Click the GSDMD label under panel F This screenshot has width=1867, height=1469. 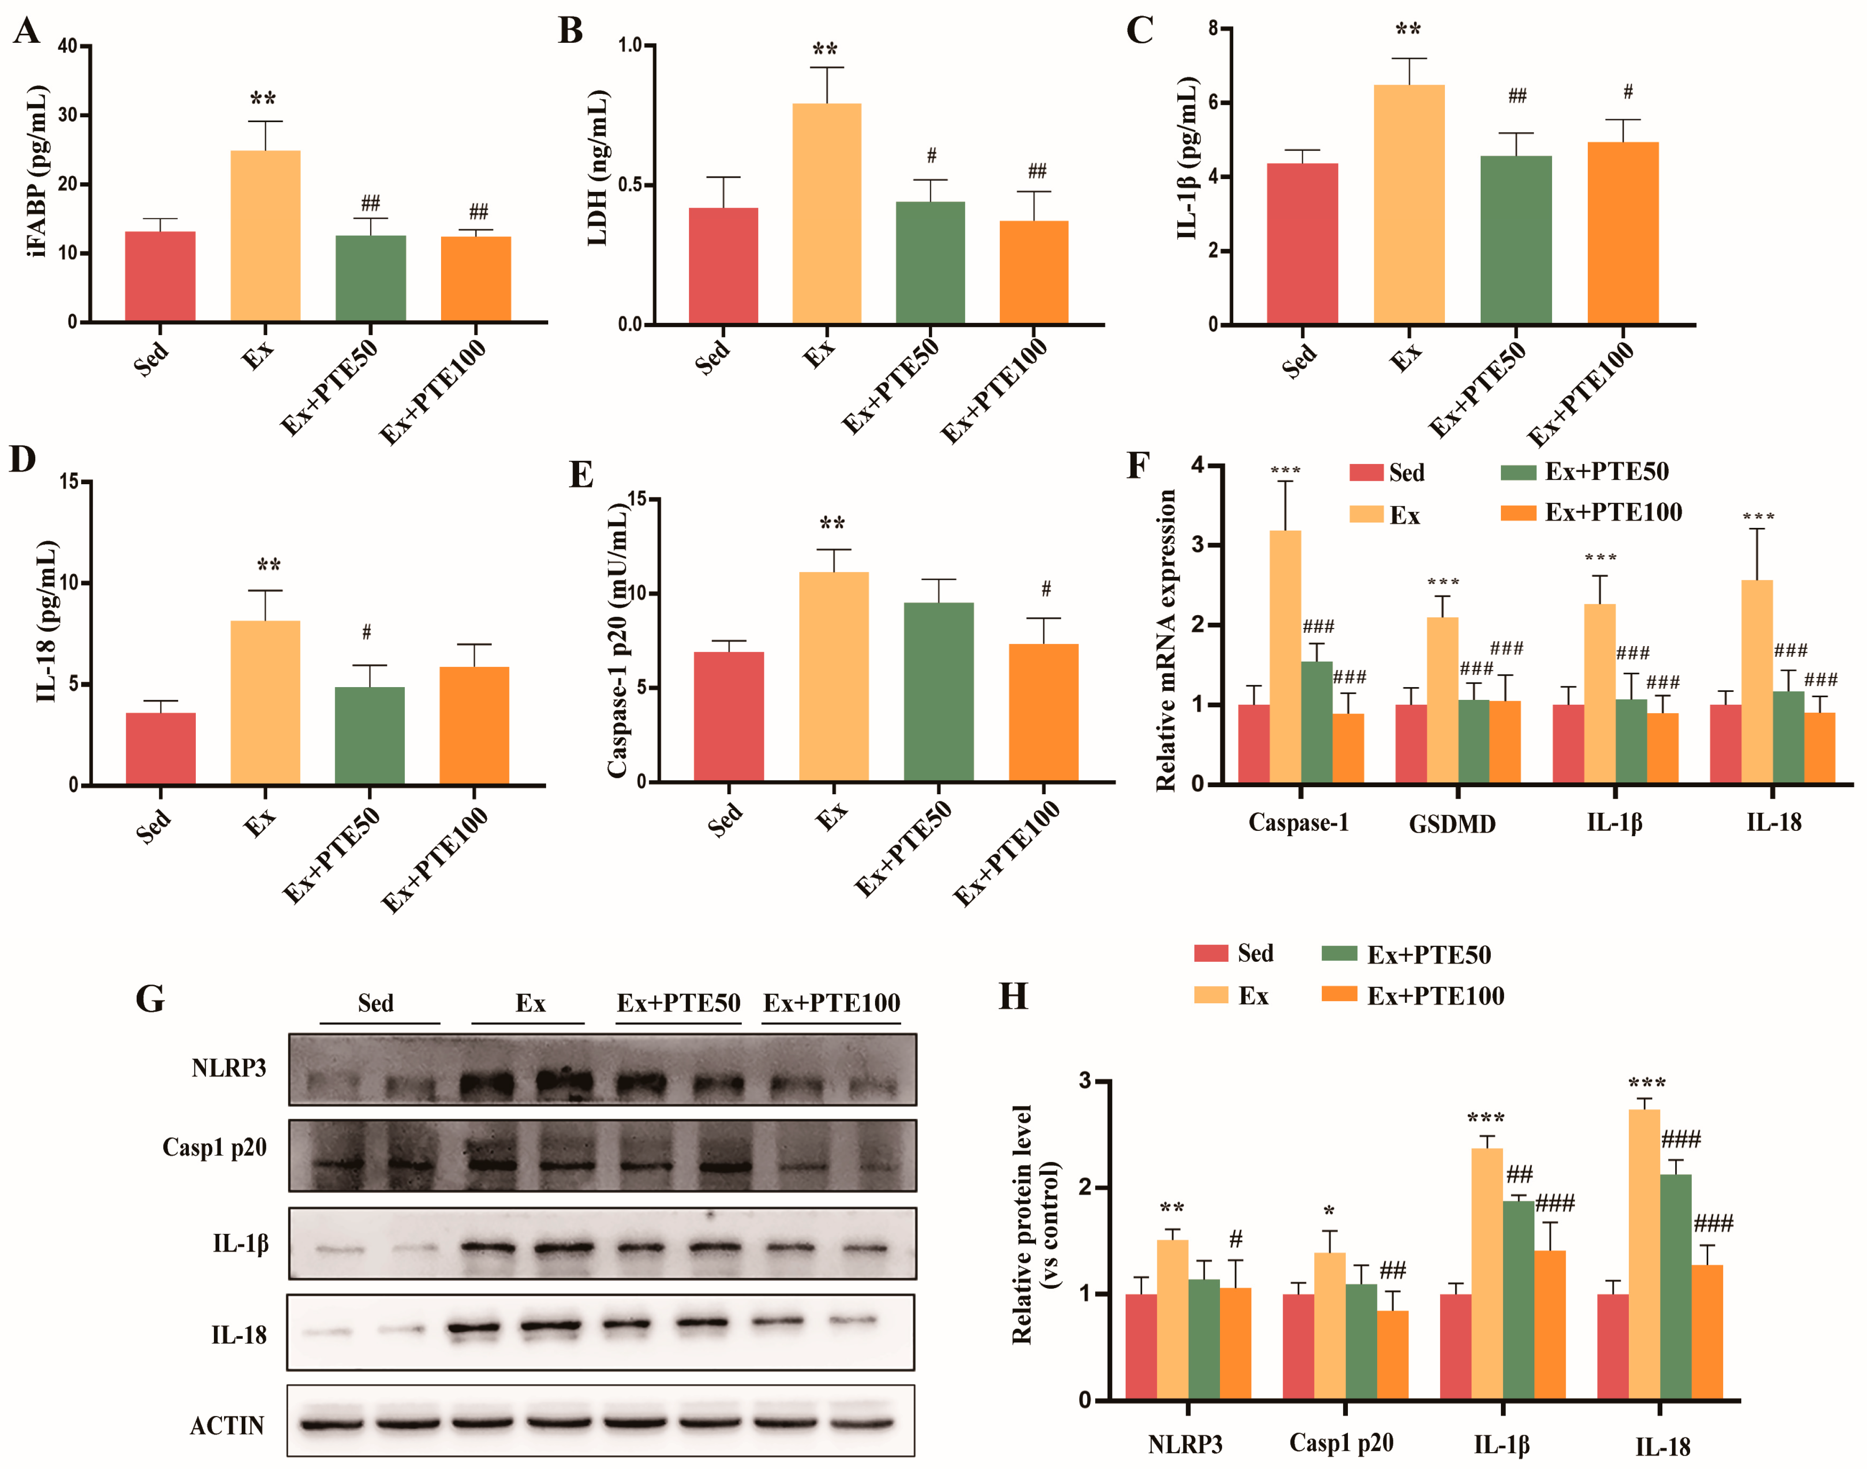tap(1452, 824)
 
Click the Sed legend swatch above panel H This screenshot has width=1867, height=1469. tap(1211, 953)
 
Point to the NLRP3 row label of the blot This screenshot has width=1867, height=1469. tap(229, 1068)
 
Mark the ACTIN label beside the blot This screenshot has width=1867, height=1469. tap(227, 1426)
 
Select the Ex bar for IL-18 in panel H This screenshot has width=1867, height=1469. tap(1644, 1254)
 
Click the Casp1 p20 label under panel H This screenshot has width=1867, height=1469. tap(1341, 1443)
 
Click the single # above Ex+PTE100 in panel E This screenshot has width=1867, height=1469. tap(1046, 589)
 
